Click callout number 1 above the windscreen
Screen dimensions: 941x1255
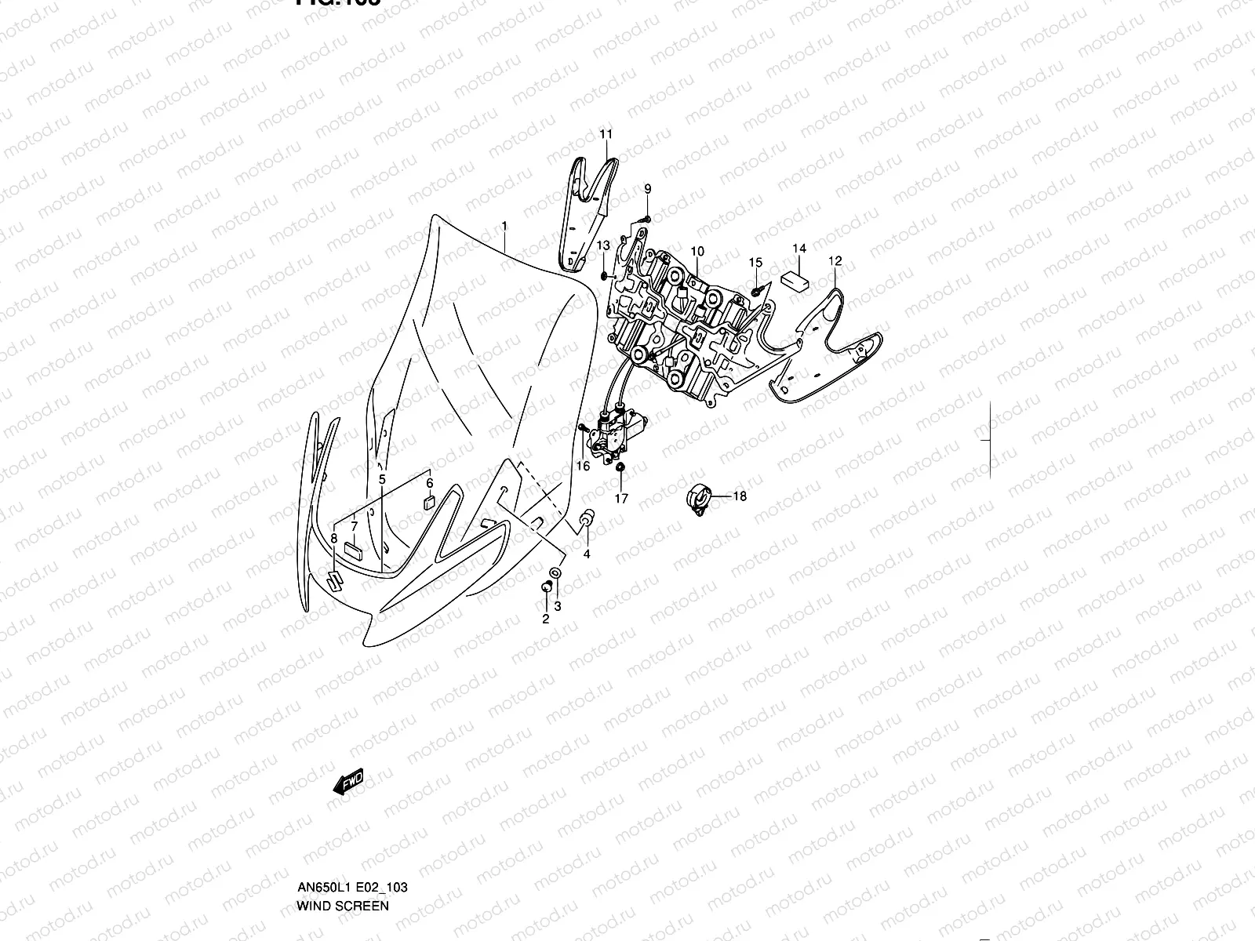tap(504, 226)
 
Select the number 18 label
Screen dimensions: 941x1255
tap(740, 496)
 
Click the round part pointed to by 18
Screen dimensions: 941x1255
tap(697, 498)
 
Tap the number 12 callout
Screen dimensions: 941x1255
tap(835, 260)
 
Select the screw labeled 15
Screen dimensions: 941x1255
tap(755, 290)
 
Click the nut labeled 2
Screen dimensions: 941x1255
tap(546, 587)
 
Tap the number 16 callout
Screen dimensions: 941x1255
tap(583, 466)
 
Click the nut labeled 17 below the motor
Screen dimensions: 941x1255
tap(620, 467)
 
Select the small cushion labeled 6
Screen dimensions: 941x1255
tap(428, 503)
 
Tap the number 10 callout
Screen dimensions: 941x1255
tap(697, 251)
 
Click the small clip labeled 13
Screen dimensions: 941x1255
tap(602, 274)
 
